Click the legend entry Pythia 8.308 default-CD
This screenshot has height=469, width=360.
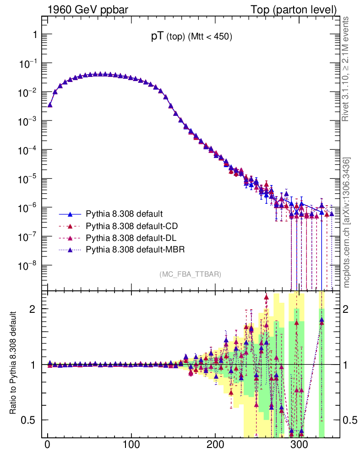tap(131, 226)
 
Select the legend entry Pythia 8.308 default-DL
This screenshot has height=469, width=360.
tap(131, 238)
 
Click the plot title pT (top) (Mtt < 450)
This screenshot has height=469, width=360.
tap(192, 38)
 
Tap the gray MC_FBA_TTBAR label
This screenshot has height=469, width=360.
tap(191, 274)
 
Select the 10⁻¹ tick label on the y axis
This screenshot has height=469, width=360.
tap(28, 63)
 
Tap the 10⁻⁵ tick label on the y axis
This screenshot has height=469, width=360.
tap(28, 178)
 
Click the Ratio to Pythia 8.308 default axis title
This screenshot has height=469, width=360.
tap(13, 364)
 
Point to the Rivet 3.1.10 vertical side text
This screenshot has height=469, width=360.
tap(346, 69)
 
